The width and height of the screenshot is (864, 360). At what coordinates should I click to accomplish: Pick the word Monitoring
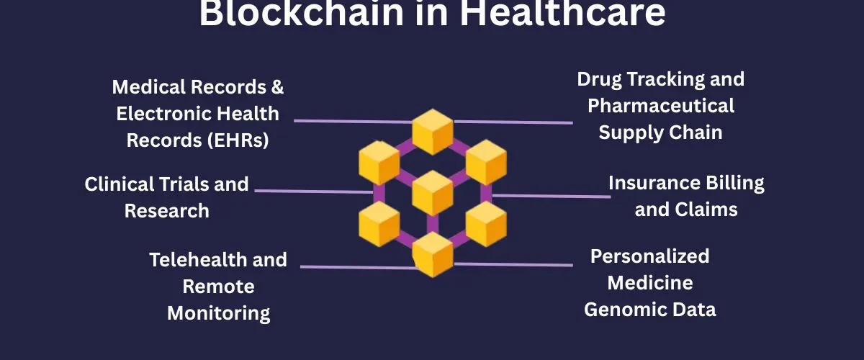click(218, 313)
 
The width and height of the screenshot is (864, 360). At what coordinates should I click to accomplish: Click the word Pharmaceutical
click(661, 106)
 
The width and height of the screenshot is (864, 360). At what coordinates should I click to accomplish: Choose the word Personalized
click(649, 256)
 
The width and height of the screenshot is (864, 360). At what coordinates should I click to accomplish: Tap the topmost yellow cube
click(432, 131)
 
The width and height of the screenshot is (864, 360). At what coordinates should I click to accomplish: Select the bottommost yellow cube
click(432, 253)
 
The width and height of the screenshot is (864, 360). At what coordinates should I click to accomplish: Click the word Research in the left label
click(166, 211)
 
